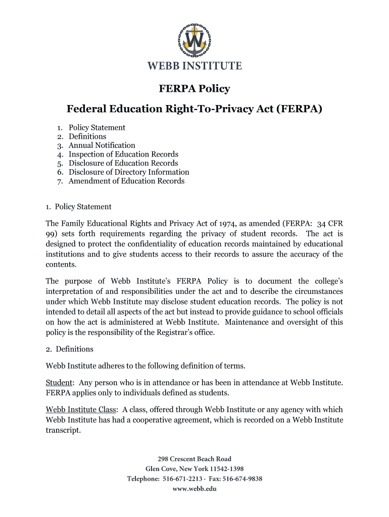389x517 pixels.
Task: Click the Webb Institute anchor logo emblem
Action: tap(194, 41)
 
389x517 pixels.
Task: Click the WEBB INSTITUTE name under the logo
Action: tap(194, 66)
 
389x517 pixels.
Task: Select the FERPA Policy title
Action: tap(194, 89)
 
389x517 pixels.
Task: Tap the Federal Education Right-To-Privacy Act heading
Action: tap(194, 109)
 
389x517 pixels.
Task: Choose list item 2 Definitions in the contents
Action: tap(87, 136)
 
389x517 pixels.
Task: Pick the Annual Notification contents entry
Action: tap(102, 145)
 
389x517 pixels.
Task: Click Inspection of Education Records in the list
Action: tap(123, 154)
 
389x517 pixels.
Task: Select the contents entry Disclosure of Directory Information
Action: tap(129, 172)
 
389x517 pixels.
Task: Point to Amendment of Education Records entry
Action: tap(126, 181)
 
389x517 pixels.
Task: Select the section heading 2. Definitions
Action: tap(70, 349)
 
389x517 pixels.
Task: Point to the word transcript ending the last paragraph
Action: tap(63, 431)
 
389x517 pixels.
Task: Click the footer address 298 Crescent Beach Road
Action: tap(194, 459)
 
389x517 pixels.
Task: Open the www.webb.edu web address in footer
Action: tap(194, 489)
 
